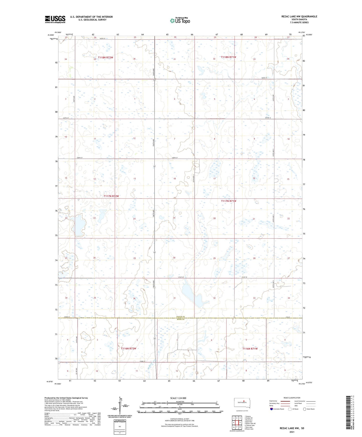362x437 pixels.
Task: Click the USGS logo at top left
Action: tap(55, 19)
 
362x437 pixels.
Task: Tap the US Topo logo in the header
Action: tap(180, 21)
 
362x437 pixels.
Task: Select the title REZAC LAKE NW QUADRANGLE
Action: tap(296, 17)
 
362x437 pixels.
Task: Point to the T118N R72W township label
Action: tap(105, 58)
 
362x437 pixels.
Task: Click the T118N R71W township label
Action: tap(228, 57)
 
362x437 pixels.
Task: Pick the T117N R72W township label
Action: tap(111, 196)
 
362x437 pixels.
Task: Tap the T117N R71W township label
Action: tap(228, 201)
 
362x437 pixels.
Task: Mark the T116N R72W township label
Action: tap(129, 349)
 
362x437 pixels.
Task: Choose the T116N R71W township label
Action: tap(250, 349)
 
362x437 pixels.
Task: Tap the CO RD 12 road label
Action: tap(269, 118)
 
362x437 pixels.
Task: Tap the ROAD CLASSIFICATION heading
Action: tap(292, 398)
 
